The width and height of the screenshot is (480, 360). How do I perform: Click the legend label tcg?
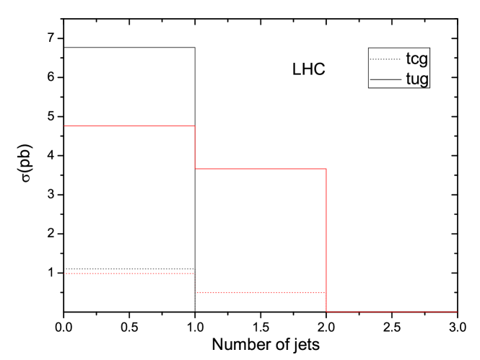[x=416, y=58]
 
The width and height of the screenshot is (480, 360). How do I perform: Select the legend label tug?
[x=416, y=78]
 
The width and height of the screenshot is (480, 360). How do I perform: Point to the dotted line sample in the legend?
[x=385, y=58]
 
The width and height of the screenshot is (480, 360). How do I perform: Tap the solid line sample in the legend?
[x=385, y=78]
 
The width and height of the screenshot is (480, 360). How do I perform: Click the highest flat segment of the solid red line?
[x=130, y=126]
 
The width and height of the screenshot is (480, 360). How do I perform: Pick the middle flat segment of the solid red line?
[x=261, y=169]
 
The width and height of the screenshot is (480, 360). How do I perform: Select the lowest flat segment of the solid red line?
[x=392, y=312]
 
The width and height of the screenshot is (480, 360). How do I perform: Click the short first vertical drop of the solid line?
[x=195, y=147]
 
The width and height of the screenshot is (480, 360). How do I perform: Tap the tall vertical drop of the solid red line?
[x=326, y=240]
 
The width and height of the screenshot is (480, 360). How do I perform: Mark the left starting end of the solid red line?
[x=65, y=126]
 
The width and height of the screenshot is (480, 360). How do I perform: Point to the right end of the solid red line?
[x=458, y=312]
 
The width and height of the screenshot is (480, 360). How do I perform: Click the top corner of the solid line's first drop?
[x=195, y=126]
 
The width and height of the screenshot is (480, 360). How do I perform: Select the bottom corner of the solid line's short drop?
[x=195, y=169]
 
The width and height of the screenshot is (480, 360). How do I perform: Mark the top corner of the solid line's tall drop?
[x=326, y=169]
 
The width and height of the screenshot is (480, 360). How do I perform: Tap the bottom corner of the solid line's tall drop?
[x=326, y=312]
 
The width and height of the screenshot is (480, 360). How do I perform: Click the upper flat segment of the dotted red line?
[x=130, y=273]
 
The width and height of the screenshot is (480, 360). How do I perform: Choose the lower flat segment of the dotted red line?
[x=261, y=292]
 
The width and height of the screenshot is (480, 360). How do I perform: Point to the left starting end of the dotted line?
[x=65, y=273]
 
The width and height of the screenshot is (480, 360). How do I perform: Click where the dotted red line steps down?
[x=195, y=283]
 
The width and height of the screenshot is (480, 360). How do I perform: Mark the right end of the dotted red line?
[x=325, y=292]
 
